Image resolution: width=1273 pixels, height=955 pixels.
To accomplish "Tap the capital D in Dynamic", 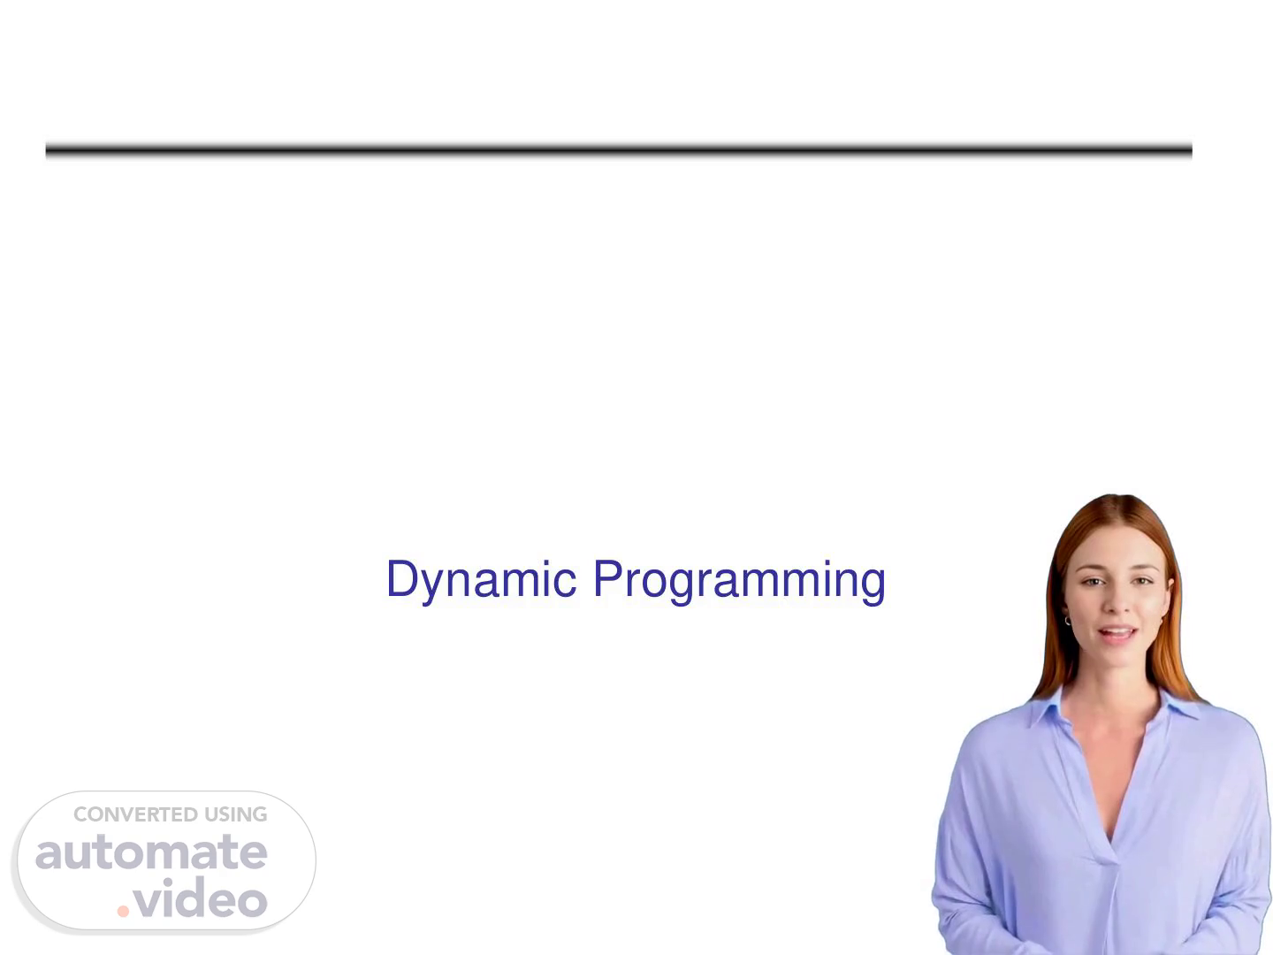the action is click(403, 577).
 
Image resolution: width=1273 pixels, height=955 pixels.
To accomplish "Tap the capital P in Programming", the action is click(608, 577).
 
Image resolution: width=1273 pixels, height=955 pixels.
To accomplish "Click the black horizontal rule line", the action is click(618, 150).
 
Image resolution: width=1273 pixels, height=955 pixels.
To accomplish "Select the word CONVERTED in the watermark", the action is click(136, 814).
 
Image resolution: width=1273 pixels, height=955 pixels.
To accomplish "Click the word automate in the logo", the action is click(151, 852).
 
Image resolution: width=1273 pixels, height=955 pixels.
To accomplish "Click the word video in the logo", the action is click(200, 898).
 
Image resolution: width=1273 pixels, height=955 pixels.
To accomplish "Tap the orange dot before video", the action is click(123, 911).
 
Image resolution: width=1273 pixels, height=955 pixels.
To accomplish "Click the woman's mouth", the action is click(1117, 633).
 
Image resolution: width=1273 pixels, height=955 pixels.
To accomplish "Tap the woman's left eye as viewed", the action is click(1092, 582).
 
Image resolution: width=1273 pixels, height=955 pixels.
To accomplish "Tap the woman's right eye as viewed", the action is click(1142, 580).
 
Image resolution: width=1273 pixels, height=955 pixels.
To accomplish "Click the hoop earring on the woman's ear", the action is click(1066, 621).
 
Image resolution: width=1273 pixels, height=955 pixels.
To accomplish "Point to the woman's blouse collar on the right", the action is click(1178, 700).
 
